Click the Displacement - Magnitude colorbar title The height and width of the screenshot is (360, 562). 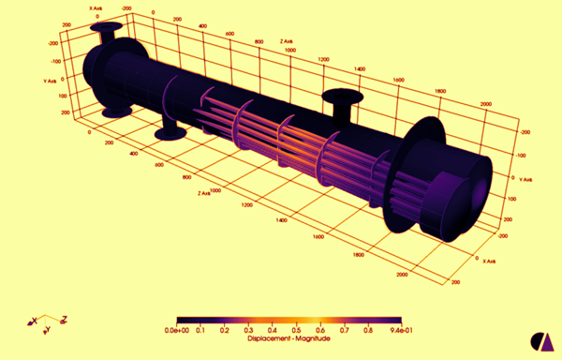[x=288, y=338]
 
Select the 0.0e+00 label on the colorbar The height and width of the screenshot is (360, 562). [x=178, y=331]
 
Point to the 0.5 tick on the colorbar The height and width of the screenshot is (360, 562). [x=297, y=331]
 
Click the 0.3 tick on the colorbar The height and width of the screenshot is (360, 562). [x=249, y=331]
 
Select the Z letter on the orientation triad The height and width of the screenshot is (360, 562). [x=63, y=321]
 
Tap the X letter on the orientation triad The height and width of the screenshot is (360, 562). [x=35, y=322]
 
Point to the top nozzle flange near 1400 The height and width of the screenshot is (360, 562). [x=339, y=97]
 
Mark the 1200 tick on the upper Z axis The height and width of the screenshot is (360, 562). [x=325, y=60]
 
